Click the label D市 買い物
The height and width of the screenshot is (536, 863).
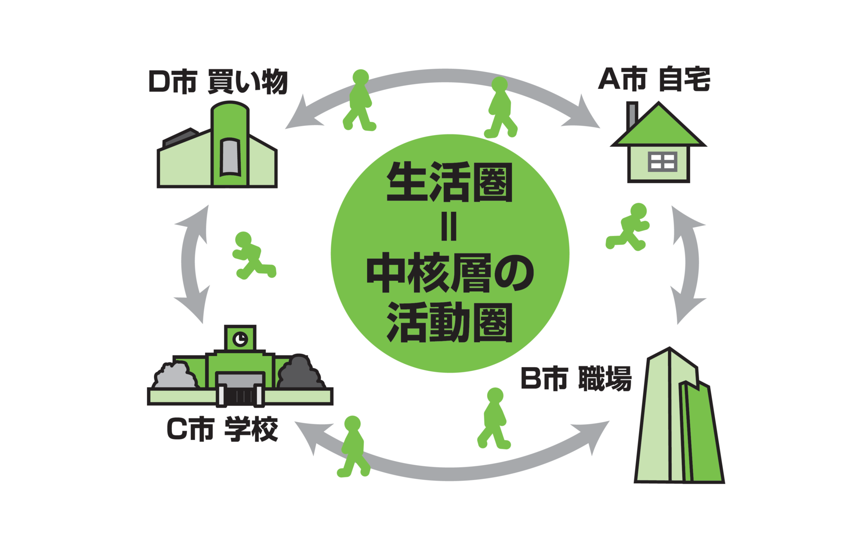coord(218,82)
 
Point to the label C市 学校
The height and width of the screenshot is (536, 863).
coord(222,429)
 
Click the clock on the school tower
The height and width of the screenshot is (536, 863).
coord(240,339)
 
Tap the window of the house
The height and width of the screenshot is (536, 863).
coord(662,162)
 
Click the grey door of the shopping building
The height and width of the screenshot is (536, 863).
coord(230,158)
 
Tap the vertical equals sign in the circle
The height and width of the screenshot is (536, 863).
coord(449,226)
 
